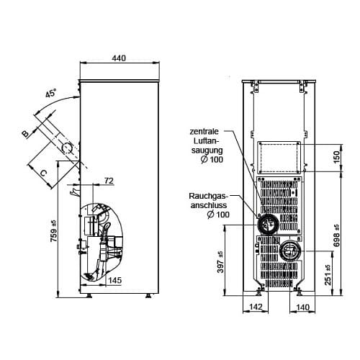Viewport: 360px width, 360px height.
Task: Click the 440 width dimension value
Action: [119, 58]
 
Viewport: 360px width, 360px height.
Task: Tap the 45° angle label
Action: [51, 93]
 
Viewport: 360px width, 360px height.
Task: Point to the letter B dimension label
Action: [25, 134]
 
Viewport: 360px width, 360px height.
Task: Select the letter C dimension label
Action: [42, 173]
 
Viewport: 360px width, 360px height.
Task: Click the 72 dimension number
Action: [109, 181]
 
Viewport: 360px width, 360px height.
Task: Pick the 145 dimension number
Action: [115, 280]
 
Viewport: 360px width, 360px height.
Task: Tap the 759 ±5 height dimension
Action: [54, 231]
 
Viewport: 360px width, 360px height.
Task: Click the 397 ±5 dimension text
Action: [220, 262]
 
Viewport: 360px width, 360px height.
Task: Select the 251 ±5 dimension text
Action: [328, 275]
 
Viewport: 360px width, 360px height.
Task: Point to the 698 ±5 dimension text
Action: [336, 235]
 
